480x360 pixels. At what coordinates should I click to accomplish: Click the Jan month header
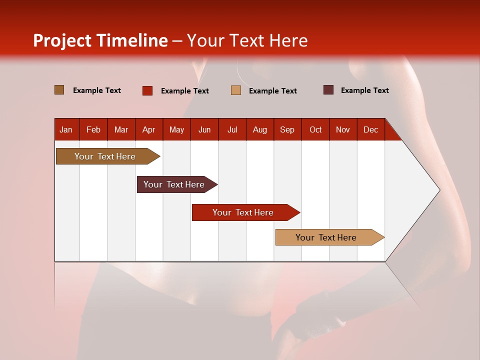(x=66, y=129)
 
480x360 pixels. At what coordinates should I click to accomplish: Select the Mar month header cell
(x=121, y=129)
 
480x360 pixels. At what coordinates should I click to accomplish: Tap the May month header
(x=176, y=129)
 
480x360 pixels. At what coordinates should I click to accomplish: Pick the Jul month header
(x=232, y=129)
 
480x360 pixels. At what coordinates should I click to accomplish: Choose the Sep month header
(x=287, y=129)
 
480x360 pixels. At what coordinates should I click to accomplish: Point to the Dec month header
(x=370, y=129)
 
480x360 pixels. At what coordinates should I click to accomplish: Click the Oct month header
(x=315, y=129)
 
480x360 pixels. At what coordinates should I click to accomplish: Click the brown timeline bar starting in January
(x=105, y=156)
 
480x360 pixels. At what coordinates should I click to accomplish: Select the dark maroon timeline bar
(x=174, y=184)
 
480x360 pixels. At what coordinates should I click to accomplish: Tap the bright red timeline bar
(x=243, y=212)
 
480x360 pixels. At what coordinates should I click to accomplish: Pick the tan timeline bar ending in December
(x=326, y=237)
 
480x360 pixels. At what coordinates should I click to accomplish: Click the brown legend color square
(x=59, y=90)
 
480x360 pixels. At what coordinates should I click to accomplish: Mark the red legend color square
(x=147, y=90)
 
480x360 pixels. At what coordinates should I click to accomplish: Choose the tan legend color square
(x=236, y=90)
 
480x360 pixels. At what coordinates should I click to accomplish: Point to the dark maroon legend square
(x=328, y=90)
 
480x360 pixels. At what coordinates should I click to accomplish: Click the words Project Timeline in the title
(x=100, y=40)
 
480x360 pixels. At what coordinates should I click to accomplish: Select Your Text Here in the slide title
(x=247, y=40)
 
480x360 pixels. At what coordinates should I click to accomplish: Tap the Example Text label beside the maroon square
(x=364, y=90)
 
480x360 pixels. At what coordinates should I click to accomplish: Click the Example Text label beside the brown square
(x=97, y=90)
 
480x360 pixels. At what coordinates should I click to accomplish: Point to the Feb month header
(x=93, y=129)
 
